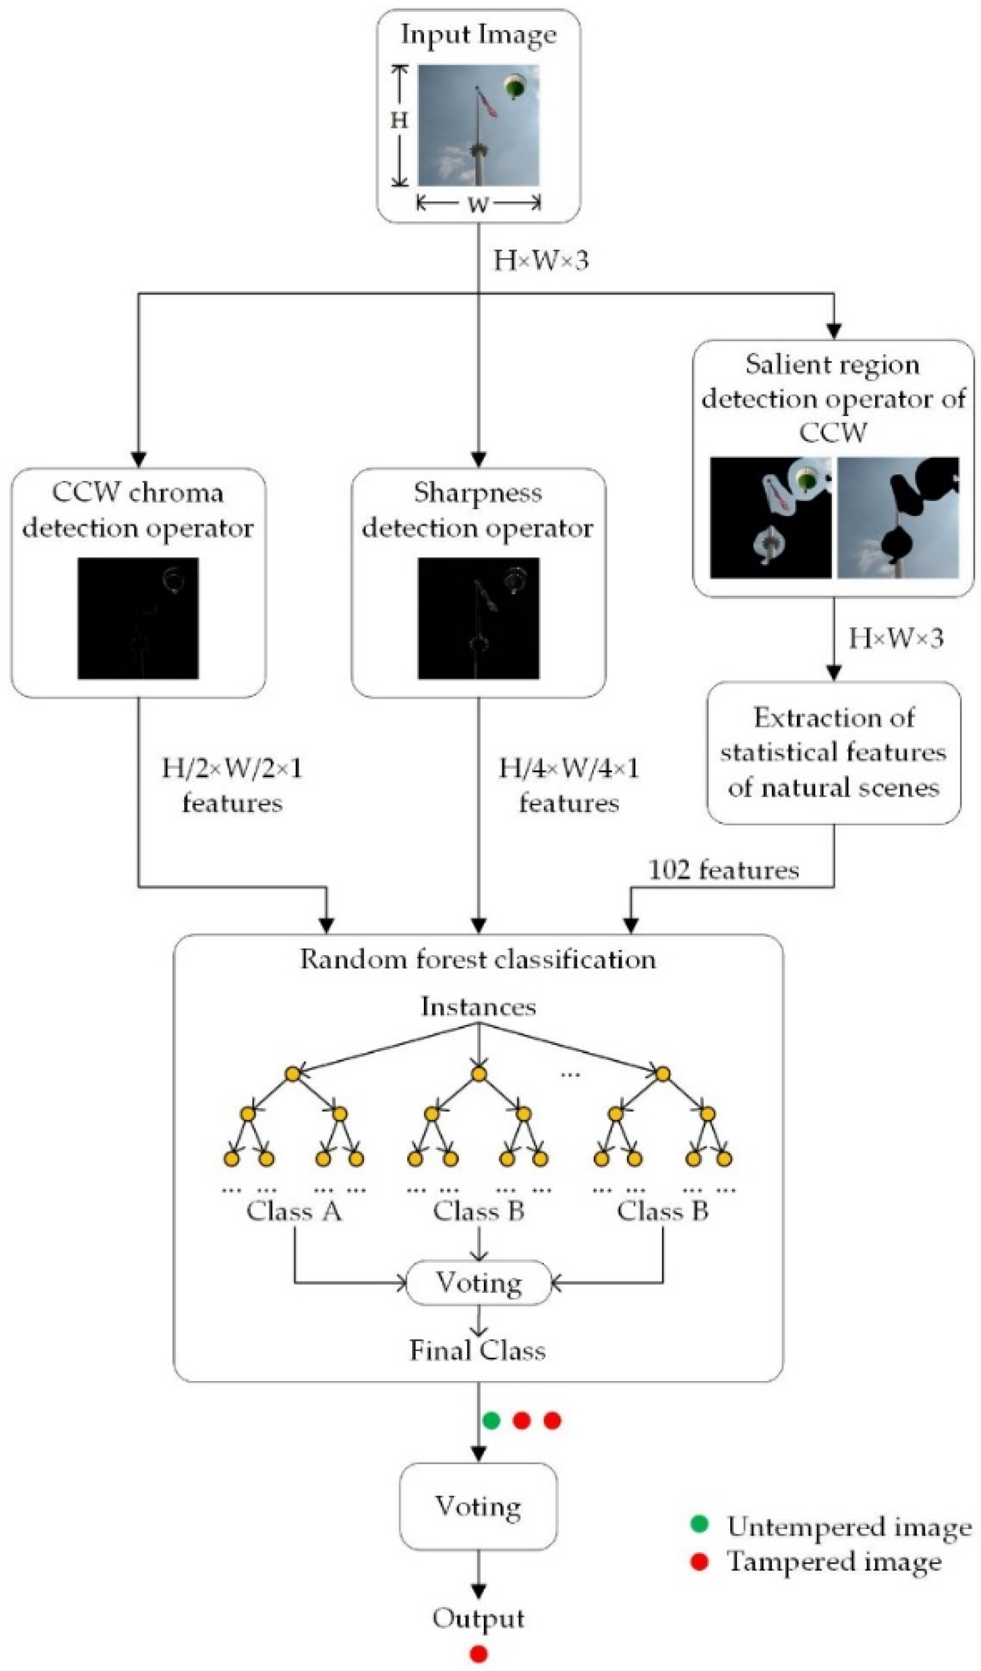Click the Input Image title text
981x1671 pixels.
478,35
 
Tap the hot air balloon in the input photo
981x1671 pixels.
515,86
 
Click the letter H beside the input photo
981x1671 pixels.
398,120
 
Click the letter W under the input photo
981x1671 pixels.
478,204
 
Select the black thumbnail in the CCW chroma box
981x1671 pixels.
138,618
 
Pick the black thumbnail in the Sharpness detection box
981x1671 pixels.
478,618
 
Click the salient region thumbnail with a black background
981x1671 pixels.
770,518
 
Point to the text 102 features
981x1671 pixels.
723,870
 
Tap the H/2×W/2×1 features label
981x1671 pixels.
232,786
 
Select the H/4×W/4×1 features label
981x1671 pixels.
569,786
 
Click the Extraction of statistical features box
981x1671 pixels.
833,753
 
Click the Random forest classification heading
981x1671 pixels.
478,959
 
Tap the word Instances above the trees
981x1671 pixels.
478,1007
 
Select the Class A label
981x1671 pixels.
294,1211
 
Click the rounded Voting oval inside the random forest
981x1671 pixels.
478,1282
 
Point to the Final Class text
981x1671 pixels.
478,1351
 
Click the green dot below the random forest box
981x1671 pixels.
491,1420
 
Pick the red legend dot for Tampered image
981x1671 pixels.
699,1561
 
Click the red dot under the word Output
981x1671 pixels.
478,1654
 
